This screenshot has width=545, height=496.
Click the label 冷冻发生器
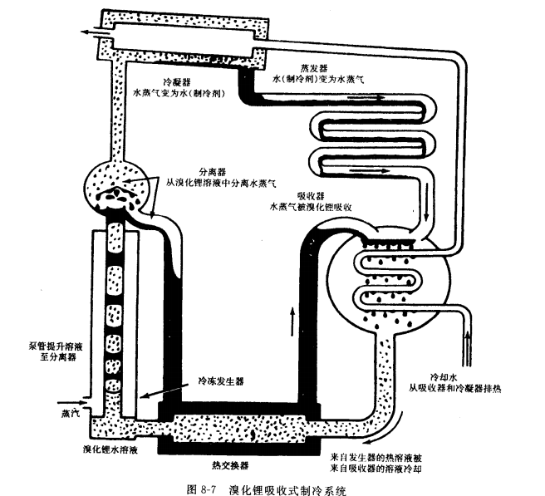218,381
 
